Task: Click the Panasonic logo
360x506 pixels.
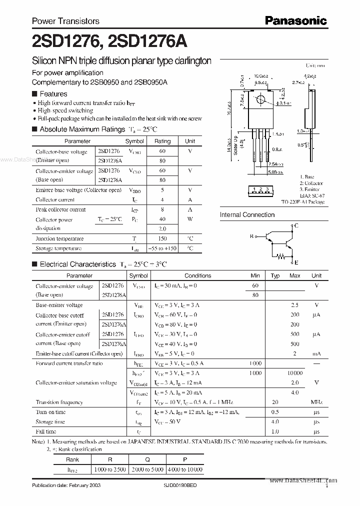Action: (x=295, y=20)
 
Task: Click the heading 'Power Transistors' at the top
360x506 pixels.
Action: (x=65, y=21)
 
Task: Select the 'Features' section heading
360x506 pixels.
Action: (x=53, y=94)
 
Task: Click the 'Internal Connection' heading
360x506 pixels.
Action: (x=247, y=215)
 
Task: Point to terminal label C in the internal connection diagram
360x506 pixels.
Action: (x=296, y=226)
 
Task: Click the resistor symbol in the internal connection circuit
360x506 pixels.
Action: (x=281, y=258)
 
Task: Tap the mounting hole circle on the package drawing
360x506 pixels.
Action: (x=260, y=100)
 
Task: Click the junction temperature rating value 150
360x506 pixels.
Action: (x=162, y=239)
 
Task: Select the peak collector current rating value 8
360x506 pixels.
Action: (x=162, y=210)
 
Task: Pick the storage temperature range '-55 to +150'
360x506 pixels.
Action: (x=162, y=248)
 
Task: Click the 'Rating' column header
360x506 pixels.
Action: (x=162, y=141)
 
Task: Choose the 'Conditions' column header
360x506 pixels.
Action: (x=197, y=275)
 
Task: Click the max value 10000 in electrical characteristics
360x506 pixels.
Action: (x=295, y=373)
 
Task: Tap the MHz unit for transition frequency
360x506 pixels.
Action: (x=316, y=402)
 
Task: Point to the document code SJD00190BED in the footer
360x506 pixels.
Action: (x=177, y=486)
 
